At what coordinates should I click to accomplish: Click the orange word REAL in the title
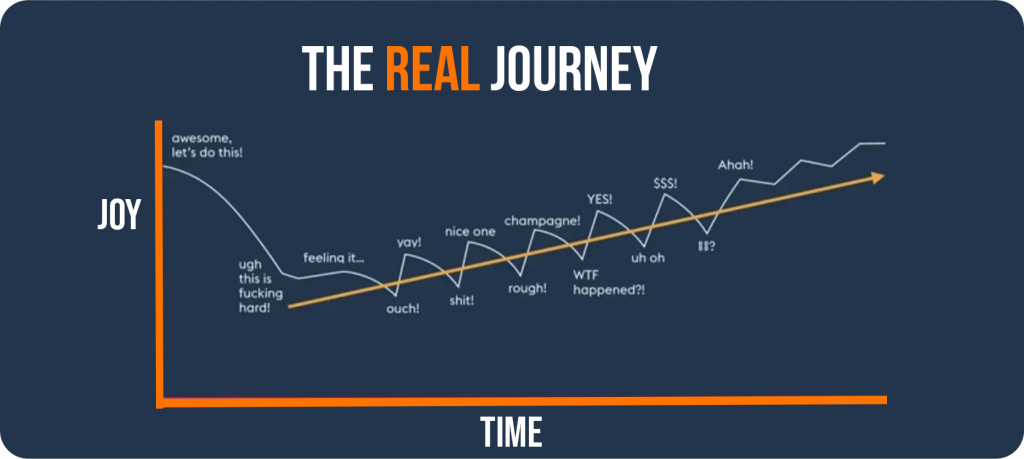(432, 69)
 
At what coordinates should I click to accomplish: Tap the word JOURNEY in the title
(573, 69)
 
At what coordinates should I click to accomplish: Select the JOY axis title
(118, 214)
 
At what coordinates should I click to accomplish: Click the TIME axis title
(511, 432)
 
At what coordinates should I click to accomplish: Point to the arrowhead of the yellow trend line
(879, 176)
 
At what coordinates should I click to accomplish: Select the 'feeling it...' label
(334, 258)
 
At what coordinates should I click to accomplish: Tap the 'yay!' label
(409, 242)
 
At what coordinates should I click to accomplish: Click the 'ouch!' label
(403, 308)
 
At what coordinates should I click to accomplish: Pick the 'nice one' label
(470, 231)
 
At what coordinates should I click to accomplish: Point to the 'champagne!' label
(543, 221)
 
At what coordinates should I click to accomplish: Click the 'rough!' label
(528, 288)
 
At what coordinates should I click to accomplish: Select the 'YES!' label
(601, 198)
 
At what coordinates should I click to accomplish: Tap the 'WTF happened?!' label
(609, 282)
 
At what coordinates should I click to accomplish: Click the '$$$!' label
(665, 183)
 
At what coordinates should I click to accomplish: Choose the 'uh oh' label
(648, 258)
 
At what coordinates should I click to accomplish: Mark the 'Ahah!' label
(735, 165)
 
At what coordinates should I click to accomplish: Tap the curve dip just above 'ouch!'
(394, 294)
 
